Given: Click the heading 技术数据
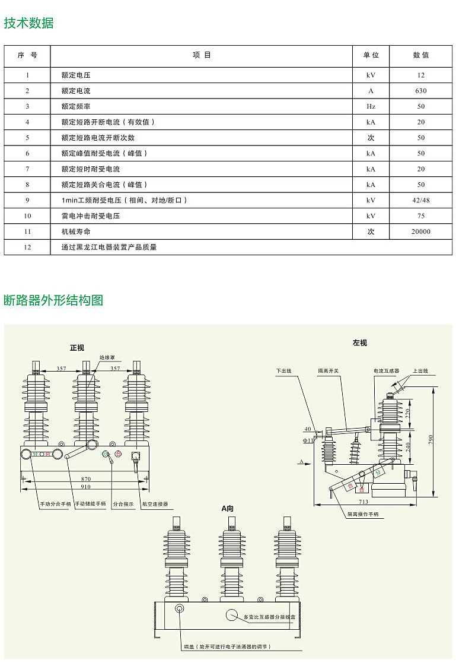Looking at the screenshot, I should tap(28, 23).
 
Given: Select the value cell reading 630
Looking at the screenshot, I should tap(420, 91).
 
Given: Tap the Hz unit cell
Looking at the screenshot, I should tap(371, 106).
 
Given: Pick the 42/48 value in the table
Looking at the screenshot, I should tap(420, 200).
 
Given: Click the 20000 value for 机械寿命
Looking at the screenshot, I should tap(420, 231).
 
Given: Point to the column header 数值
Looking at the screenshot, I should tap(420, 55).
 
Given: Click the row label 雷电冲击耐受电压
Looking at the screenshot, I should tap(90, 216).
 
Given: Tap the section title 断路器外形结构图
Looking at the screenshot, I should tap(53, 300).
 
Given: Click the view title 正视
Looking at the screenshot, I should tap(77, 348).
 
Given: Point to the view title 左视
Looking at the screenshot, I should tap(359, 343).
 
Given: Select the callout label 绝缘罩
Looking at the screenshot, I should tap(107, 358).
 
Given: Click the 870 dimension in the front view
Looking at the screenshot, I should tap(87, 478).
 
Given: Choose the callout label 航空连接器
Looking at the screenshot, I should tap(155, 504).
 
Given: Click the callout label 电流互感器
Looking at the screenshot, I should tap(386, 371).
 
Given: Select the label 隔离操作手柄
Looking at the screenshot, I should tap(363, 515).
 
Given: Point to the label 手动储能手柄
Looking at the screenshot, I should tap(90, 504).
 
